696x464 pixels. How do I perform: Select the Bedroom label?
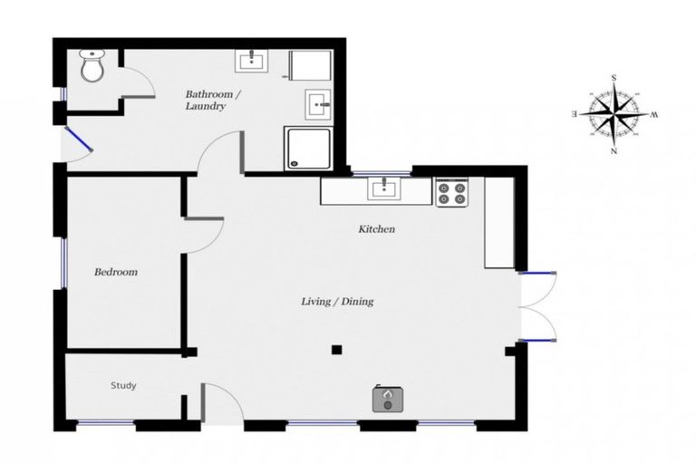(116, 272)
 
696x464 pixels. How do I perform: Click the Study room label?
(123, 386)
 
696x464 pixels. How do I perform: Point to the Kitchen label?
(376, 230)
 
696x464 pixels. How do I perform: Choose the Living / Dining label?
(337, 302)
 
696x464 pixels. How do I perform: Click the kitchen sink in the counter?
(384, 188)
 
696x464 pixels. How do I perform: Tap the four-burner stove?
(451, 193)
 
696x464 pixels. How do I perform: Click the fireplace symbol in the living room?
(388, 399)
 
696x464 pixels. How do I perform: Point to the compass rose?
(614, 114)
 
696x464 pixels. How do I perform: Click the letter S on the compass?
(614, 79)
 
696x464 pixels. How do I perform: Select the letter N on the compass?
(614, 151)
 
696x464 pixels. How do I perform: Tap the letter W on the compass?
(653, 114)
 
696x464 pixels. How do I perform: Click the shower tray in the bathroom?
(308, 148)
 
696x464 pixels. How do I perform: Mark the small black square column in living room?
(336, 349)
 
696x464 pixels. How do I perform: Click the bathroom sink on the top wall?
(251, 62)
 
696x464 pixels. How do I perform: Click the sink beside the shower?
(319, 106)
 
